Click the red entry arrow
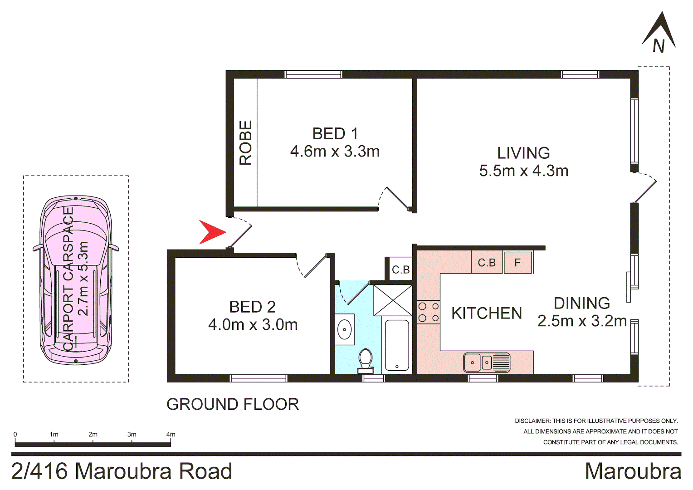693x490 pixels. coord(211,232)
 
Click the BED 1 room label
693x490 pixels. coord(335,134)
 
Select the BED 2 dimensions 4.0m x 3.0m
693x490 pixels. coord(253,325)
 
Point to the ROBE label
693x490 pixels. coord(245,142)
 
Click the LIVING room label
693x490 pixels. coord(523,153)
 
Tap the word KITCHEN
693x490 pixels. coord(487,313)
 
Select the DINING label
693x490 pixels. coord(581,303)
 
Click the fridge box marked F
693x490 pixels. coord(517,262)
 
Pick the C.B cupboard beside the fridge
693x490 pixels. coord(487,263)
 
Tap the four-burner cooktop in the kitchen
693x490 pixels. coord(428,312)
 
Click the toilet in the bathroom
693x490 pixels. coord(365,360)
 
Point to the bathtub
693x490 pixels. coord(397,345)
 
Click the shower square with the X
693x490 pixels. coord(393,300)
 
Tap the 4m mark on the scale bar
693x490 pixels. coord(171,435)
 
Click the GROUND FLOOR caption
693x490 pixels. coord(233,404)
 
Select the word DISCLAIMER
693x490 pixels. coord(532,421)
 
